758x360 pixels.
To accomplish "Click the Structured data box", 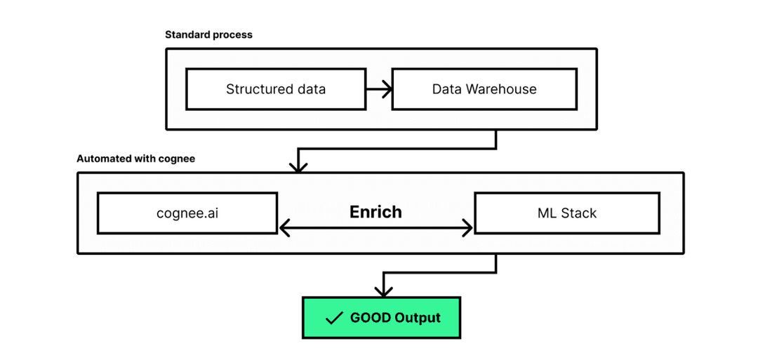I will click(275, 89).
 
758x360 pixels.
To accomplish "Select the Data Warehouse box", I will click(484, 89).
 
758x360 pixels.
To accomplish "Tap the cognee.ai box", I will click(187, 213).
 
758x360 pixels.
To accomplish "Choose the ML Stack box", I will click(566, 213).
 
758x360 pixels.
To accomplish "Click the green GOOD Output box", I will click(383, 318).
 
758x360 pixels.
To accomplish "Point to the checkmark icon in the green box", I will click(334, 319).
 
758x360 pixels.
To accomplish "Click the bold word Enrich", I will click(375, 212).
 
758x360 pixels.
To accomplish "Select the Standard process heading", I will click(208, 34).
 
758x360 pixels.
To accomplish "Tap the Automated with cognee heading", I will click(135, 159).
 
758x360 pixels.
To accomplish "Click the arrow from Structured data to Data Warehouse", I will click(378, 89).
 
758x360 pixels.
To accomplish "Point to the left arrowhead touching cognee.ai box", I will click(284, 227).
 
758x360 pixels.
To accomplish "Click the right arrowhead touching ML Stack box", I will click(468, 227).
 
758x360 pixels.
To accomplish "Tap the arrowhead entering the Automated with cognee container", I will click(299, 167).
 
